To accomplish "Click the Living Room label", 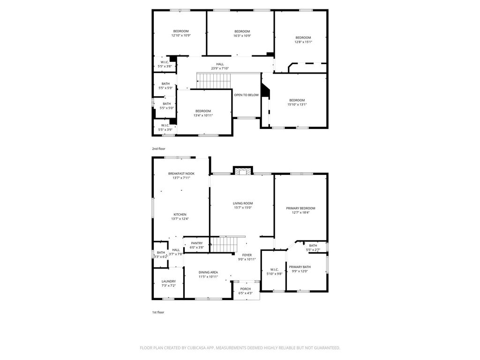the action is [243, 203].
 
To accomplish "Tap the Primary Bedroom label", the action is [300, 208].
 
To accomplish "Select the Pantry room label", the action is [197, 243].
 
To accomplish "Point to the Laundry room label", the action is [169, 281].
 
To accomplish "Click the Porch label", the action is [246, 289].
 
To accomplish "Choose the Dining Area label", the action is [208, 272].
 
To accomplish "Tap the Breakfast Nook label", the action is [181, 173].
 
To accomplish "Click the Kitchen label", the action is [180, 215].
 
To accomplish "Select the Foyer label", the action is [247, 255].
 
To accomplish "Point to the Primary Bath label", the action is [300, 267].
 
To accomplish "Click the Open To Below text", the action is [247, 95].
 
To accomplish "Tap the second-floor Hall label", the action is [220, 64].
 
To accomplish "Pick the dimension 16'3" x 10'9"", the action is [242, 36].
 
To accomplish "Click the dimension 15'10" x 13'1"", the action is [297, 105].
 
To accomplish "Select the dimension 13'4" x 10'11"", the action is [203, 115].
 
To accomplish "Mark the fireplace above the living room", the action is [243, 171].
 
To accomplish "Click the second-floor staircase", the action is [213, 81].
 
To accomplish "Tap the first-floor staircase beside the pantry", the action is [224, 244].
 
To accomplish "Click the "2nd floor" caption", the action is [158, 149].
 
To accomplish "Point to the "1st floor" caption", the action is [158, 312].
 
